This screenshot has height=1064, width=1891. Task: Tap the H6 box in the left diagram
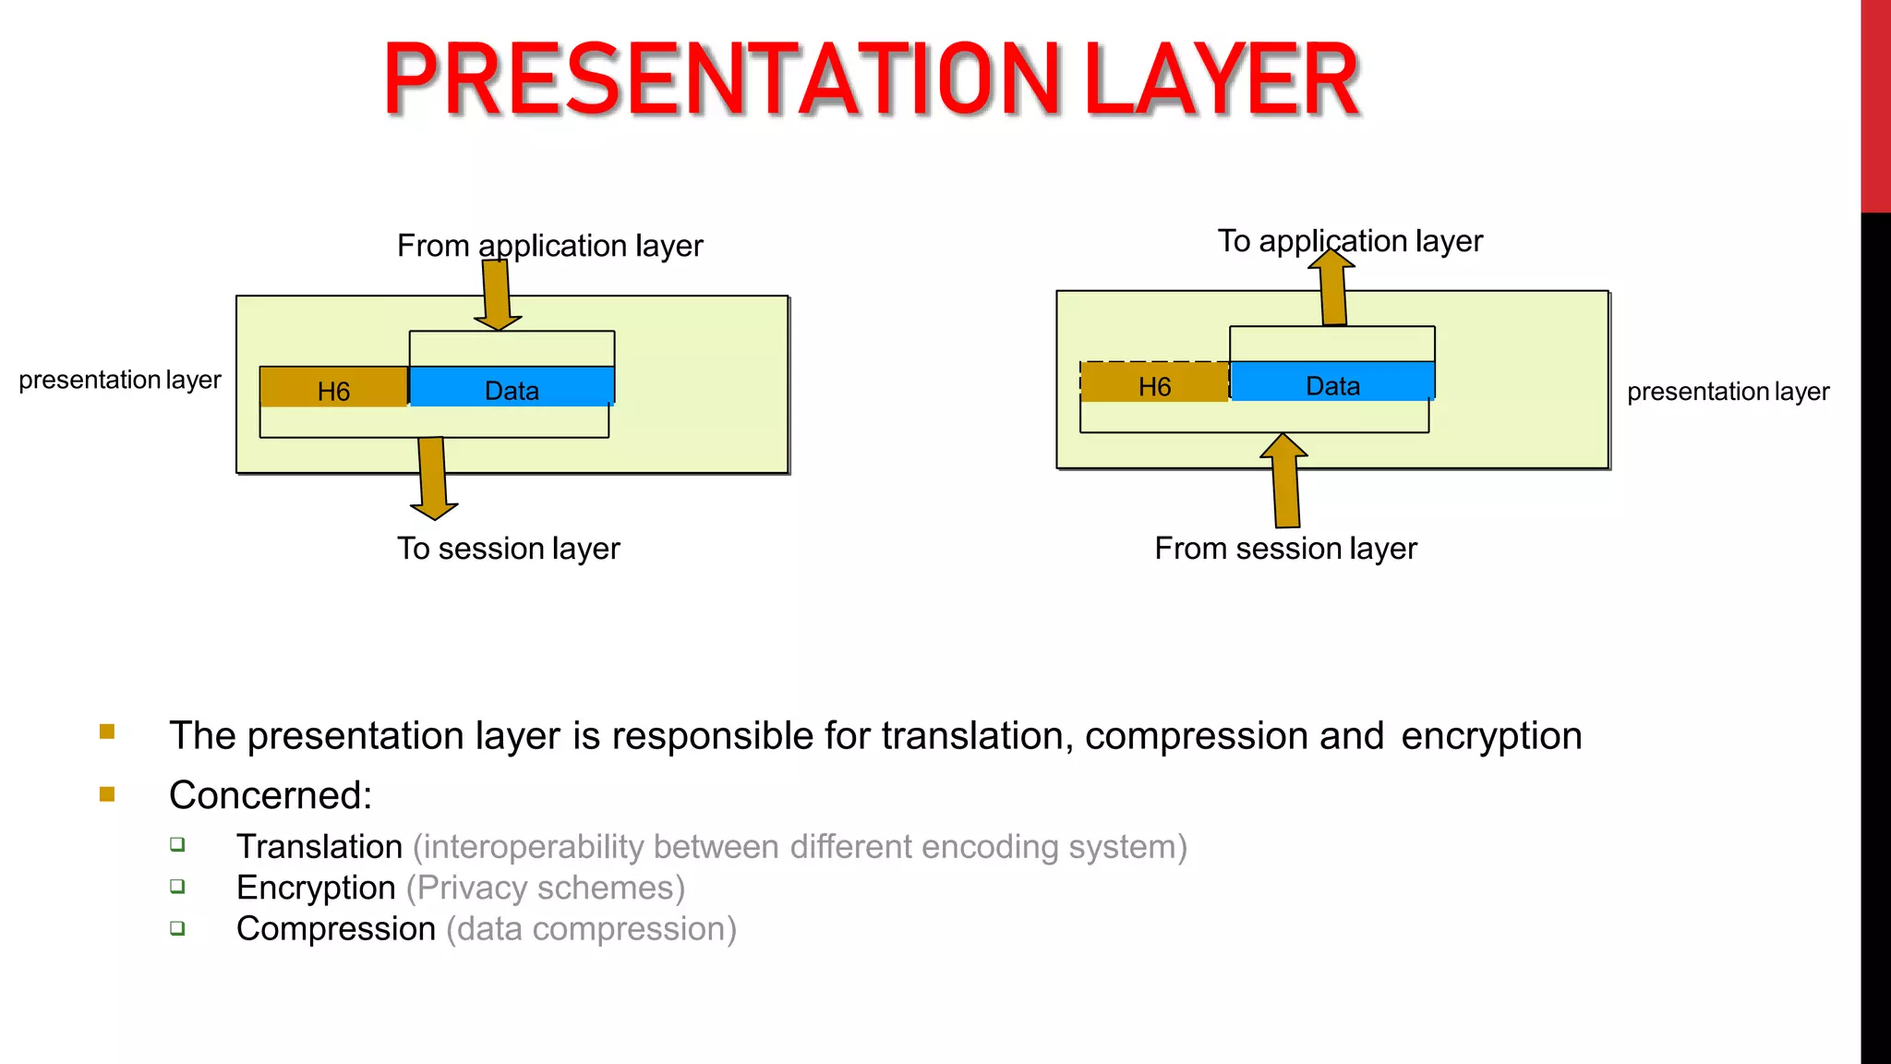333,388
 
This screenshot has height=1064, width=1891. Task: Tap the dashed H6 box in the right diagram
1154,383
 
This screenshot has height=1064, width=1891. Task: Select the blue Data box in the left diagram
512,388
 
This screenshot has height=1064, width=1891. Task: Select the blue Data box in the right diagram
1332,382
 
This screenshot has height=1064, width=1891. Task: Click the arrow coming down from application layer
497,294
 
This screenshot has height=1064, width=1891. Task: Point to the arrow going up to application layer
1332,288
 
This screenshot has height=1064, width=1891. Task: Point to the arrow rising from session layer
1284,481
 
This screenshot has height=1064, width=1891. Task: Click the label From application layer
549,246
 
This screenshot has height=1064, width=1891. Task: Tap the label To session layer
508,549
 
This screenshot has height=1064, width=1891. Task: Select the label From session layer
1285,549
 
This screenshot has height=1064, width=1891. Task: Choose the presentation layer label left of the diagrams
120,380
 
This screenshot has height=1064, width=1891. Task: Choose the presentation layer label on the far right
1728,392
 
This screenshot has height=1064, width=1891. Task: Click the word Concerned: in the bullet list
271,795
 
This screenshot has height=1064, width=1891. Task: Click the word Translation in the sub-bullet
319,847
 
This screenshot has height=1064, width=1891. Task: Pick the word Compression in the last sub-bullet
336,929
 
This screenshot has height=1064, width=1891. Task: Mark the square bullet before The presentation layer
107,732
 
